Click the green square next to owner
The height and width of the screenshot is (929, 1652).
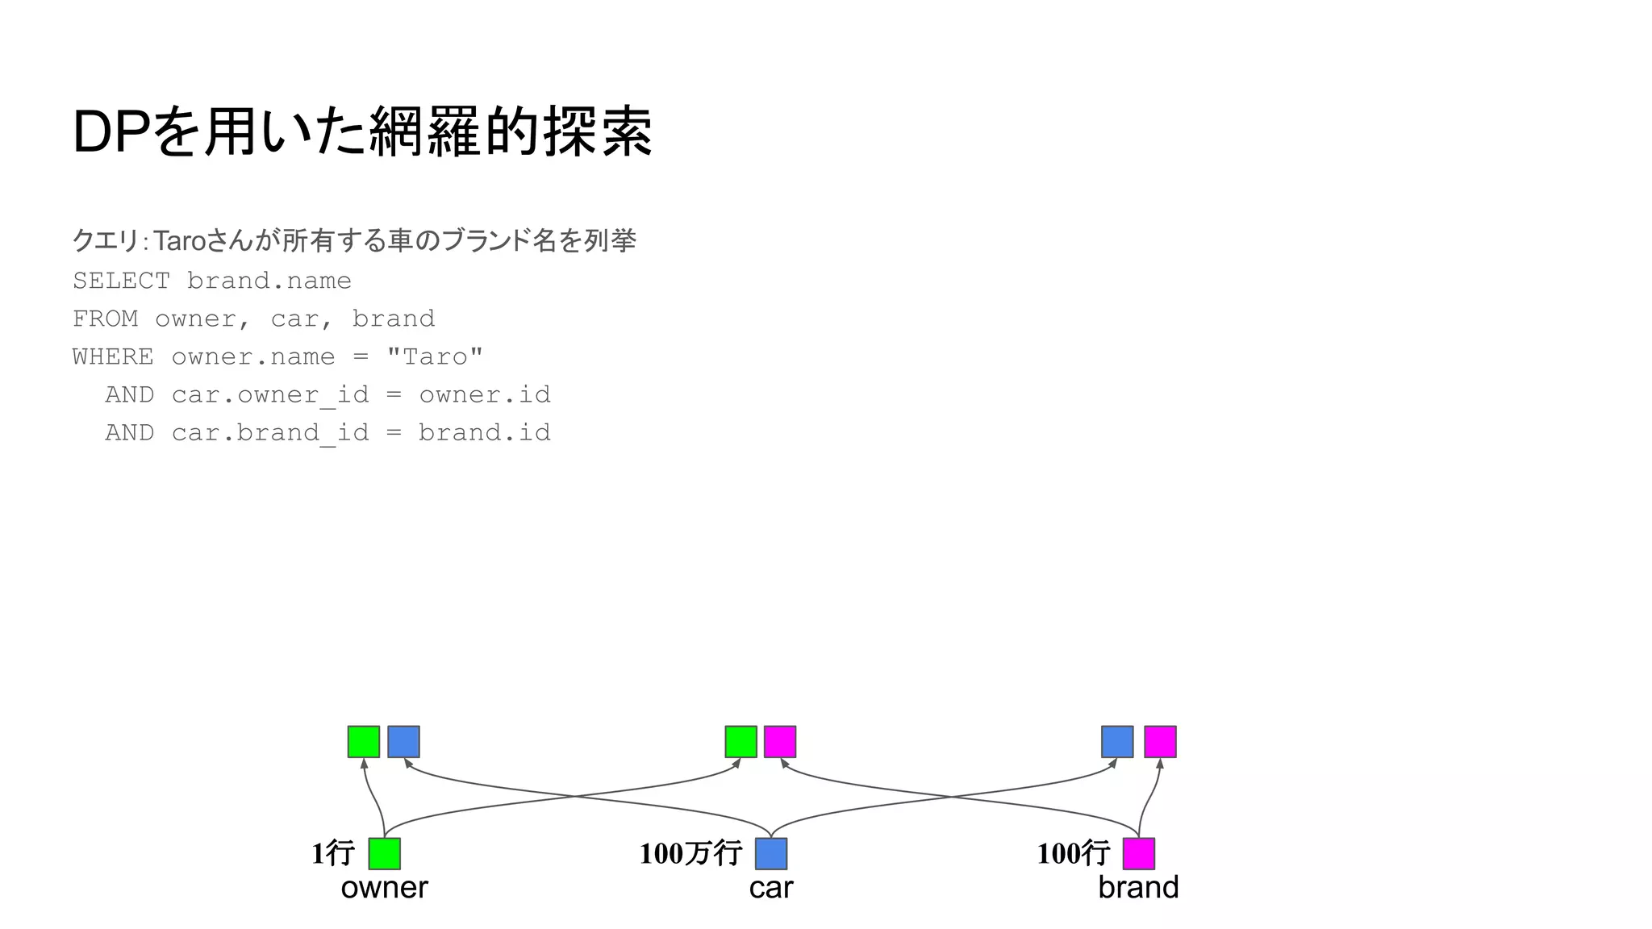click(x=384, y=853)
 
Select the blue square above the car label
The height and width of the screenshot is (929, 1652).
click(x=771, y=853)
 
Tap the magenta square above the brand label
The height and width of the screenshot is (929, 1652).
click(x=1138, y=853)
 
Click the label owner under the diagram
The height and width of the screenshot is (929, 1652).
click(x=384, y=888)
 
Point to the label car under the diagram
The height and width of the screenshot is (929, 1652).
click(x=770, y=888)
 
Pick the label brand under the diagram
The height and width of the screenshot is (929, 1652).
click(x=1138, y=888)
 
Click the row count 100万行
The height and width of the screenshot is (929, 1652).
click(x=690, y=853)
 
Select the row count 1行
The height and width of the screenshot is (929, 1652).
click(x=333, y=853)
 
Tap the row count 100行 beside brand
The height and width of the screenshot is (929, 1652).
click(x=1073, y=853)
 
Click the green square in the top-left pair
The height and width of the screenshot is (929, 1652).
click(x=364, y=742)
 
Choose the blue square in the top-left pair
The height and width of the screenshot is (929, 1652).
click(x=403, y=742)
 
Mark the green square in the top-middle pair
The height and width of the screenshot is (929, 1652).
click(x=740, y=742)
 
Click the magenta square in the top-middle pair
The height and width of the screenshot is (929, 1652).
click(x=780, y=742)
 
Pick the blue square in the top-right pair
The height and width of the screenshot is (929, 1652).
click(x=1117, y=742)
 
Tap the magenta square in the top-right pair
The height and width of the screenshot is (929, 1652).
click(x=1160, y=742)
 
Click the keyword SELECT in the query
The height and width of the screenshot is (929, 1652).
click(x=121, y=281)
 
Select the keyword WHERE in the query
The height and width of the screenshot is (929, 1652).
click(x=113, y=356)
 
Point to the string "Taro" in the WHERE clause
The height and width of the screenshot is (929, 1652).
click(x=435, y=356)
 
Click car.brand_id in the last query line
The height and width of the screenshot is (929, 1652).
click(x=270, y=433)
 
